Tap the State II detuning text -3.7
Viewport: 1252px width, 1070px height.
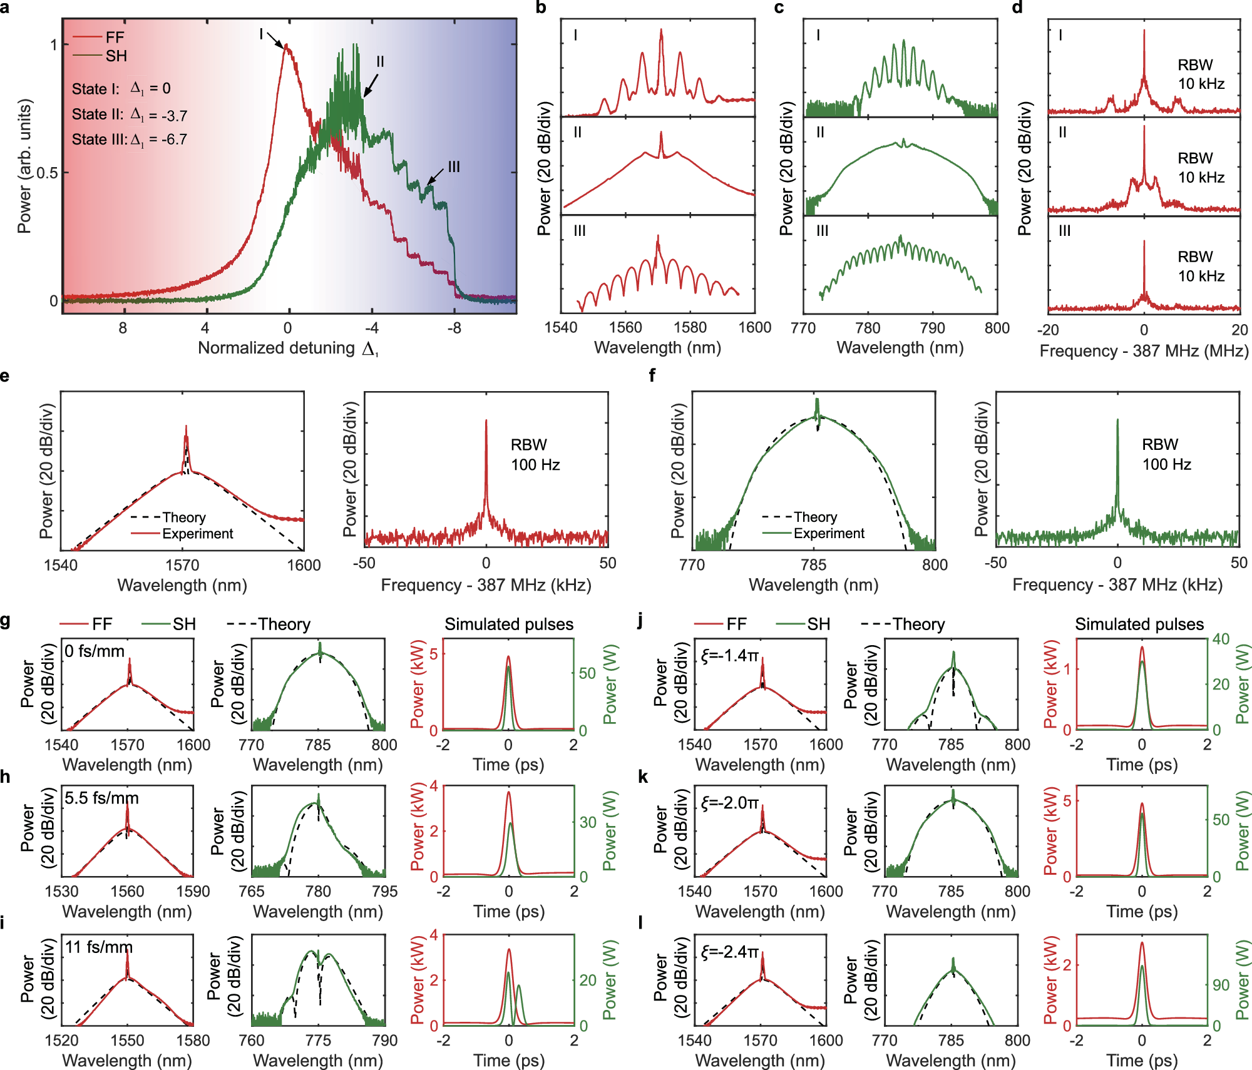click(x=173, y=115)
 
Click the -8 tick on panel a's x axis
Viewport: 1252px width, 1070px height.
click(x=454, y=328)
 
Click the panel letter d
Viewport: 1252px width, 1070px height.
click(x=1017, y=8)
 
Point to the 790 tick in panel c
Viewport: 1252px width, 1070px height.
click(x=932, y=328)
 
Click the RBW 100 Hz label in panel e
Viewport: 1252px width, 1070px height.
click(x=535, y=455)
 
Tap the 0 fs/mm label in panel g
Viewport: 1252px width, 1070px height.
click(x=95, y=651)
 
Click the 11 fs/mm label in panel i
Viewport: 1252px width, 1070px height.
click(x=99, y=947)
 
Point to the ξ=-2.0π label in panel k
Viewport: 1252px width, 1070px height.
click(x=730, y=803)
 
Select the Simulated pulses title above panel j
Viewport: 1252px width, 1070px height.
click(x=1139, y=624)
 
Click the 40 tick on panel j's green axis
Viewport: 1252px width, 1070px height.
click(x=1221, y=639)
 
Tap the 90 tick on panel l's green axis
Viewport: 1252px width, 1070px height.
click(x=1221, y=985)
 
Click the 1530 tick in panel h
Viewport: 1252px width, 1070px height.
click(x=61, y=892)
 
